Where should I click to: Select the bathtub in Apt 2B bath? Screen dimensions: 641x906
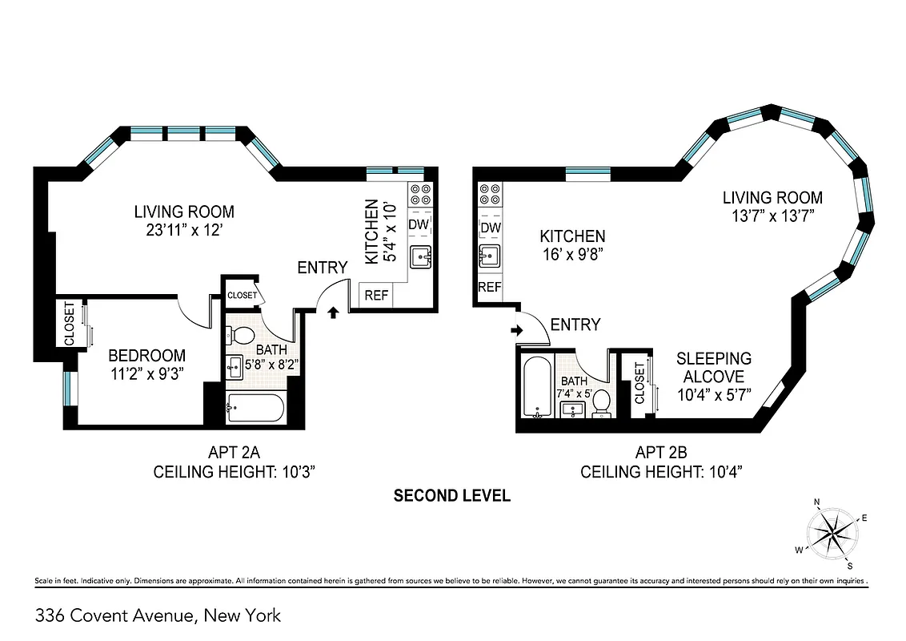[x=535, y=389]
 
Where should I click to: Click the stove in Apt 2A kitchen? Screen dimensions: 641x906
[x=420, y=194]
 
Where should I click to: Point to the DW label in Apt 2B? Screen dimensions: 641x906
[x=490, y=228]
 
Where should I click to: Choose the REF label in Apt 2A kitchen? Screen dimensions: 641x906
[x=376, y=295]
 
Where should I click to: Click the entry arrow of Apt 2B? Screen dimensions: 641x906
[x=516, y=329]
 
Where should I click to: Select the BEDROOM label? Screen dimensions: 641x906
[x=147, y=355]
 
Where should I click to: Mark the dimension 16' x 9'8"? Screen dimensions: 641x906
[x=572, y=254]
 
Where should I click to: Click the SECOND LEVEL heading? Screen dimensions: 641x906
[x=452, y=496]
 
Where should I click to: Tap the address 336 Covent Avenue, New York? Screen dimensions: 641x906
[x=158, y=615]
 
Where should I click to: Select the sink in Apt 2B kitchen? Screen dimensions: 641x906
[x=490, y=256]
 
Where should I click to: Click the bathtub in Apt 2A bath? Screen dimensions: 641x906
[x=255, y=408]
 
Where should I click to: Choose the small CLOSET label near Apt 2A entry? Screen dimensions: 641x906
[x=242, y=295]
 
